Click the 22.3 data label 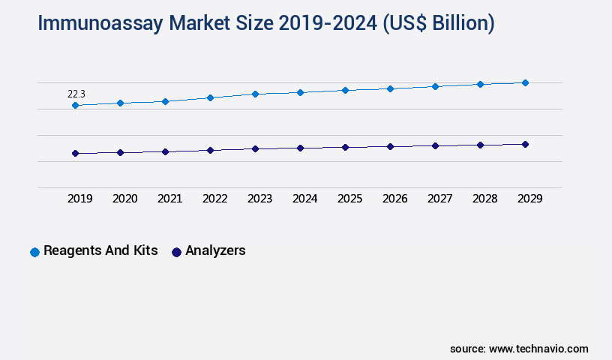[76, 94]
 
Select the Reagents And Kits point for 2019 [75, 106]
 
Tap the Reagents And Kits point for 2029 [525, 82]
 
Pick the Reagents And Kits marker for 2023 [255, 94]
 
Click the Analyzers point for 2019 [75, 153]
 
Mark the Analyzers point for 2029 [525, 144]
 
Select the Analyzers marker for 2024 [300, 148]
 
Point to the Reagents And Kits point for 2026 [390, 88]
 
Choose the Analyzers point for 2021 [165, 151]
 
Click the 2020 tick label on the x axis [125, 199]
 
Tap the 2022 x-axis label [215, 199]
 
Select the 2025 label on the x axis [350, 199]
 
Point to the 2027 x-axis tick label [440, 199]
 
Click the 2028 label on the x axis [485, 199]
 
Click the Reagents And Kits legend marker [34, 252]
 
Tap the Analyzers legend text [215, 250]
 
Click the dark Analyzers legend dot [176, 252]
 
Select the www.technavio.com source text [538, 349]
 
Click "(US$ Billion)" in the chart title [439, 23]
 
